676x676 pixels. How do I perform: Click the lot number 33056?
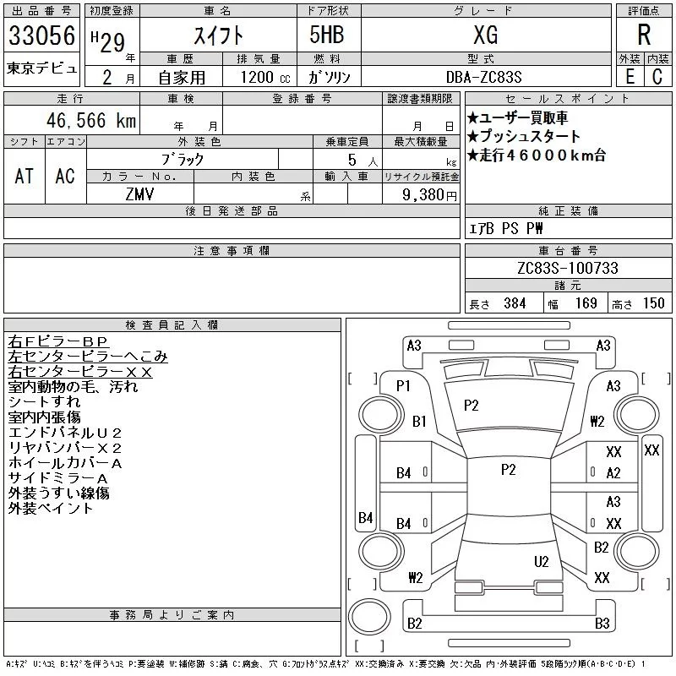[x=41, y=35]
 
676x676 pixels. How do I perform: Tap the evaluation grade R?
[x=643, y=35]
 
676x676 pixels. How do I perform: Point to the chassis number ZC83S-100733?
[x=567, y=268]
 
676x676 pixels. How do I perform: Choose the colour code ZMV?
[x=139, y=194]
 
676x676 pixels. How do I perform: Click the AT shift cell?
[x=24, y=176]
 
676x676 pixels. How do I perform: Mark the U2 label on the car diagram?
[x=542, y=561]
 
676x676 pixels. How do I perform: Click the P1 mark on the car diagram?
[x=403, y=386]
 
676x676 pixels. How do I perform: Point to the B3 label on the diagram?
[x=602, y=624]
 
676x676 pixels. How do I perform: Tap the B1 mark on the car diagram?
[x=420, y=420]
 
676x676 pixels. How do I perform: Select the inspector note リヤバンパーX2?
[x=65, y=447]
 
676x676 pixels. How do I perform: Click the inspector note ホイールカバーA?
[x=65, y=462]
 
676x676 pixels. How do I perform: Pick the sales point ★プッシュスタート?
[x=524, y=136]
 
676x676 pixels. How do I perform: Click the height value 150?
[x=654, y=303]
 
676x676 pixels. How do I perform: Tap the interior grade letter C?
[x=657, y=76]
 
